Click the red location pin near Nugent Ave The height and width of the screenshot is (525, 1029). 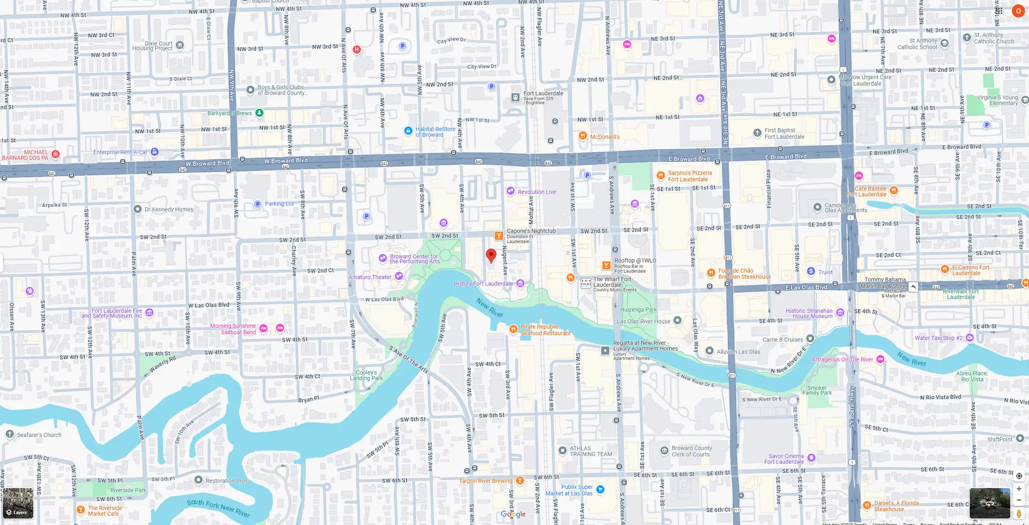(491, 256)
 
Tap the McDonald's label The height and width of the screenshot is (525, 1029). (605, 137)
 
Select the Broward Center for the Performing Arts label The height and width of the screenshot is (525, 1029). (414, 259)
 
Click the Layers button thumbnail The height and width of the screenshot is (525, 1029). (18, 503)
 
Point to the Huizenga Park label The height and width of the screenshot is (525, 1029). (638, 310)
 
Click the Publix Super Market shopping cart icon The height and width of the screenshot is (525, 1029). (600, 489)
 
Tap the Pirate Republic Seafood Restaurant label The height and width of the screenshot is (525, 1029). (545, 330)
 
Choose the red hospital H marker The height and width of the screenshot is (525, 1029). (357, 50)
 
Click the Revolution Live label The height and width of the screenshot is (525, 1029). (536, 192)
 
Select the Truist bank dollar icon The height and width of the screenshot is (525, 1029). (811, 272)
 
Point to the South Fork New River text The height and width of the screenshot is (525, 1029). (218, 507)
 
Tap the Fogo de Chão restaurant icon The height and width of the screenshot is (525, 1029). (711, 273)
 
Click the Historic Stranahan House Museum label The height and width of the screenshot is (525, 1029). (809, 313)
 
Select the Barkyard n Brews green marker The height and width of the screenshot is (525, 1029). (259, 112)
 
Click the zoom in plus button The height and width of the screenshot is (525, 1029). (1019, 489)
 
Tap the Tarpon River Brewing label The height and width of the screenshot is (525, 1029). (486, 481)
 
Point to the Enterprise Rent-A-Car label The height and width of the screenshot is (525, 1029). (120, 152)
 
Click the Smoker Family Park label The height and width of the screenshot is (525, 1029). (817, 390)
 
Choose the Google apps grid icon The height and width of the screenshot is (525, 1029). (999, 11)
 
